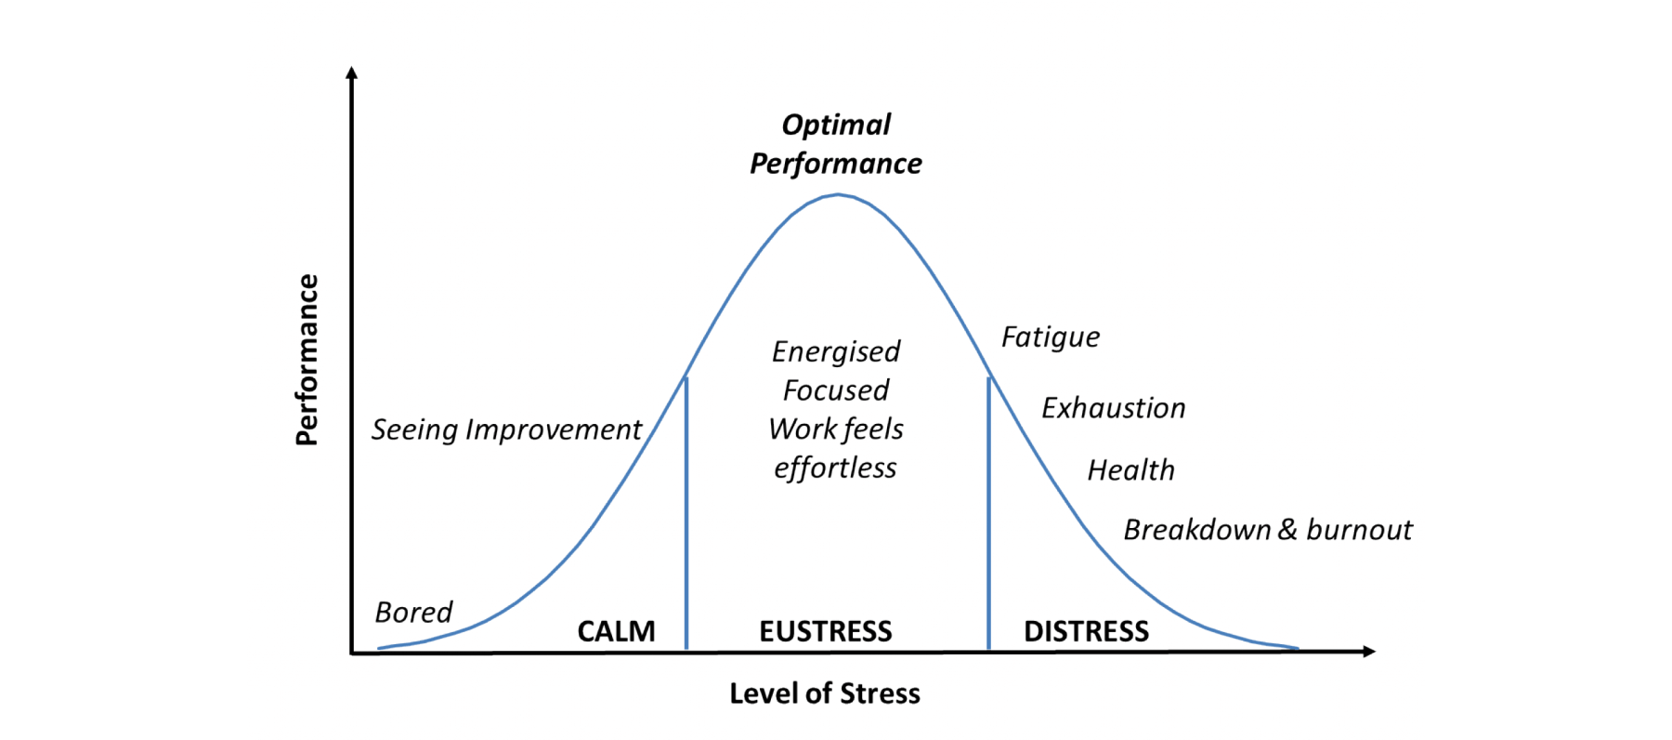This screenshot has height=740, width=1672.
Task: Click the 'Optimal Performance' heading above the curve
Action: click(x=836, y=144)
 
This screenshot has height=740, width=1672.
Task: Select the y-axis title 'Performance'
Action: click(x=307, y=360)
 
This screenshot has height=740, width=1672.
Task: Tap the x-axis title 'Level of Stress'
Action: click(x=825, y=694)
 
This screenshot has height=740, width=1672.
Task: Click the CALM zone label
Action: click(x=616, y=631)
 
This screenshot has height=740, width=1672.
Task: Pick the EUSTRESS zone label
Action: click(x=826, y=631)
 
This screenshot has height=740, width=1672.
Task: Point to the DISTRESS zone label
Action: click(x=1086, y=631)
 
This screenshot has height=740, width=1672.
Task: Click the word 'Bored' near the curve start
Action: click(x=413, y=612)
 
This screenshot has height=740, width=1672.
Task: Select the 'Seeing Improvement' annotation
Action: click(x=507, y=429)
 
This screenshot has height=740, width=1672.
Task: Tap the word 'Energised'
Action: click(x=836, y=351)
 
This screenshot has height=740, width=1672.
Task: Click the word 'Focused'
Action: click(x=836, y=390)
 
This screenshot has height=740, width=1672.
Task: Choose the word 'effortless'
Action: click(x=835, y=468)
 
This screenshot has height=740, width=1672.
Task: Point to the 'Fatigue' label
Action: click(x=1051, y=337)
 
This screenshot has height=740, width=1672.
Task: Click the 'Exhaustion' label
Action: click(x=1114, y=408)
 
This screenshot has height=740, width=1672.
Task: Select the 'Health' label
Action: click(x=1131, y=470)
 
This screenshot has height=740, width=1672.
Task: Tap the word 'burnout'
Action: click(x=1359, y=530)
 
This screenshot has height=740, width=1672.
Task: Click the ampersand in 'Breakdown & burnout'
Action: click(x=1287, y=530)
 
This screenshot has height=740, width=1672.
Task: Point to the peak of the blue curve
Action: click(x=838, y=194)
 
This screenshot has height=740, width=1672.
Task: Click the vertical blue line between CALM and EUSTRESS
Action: click(x=686, y=512)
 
